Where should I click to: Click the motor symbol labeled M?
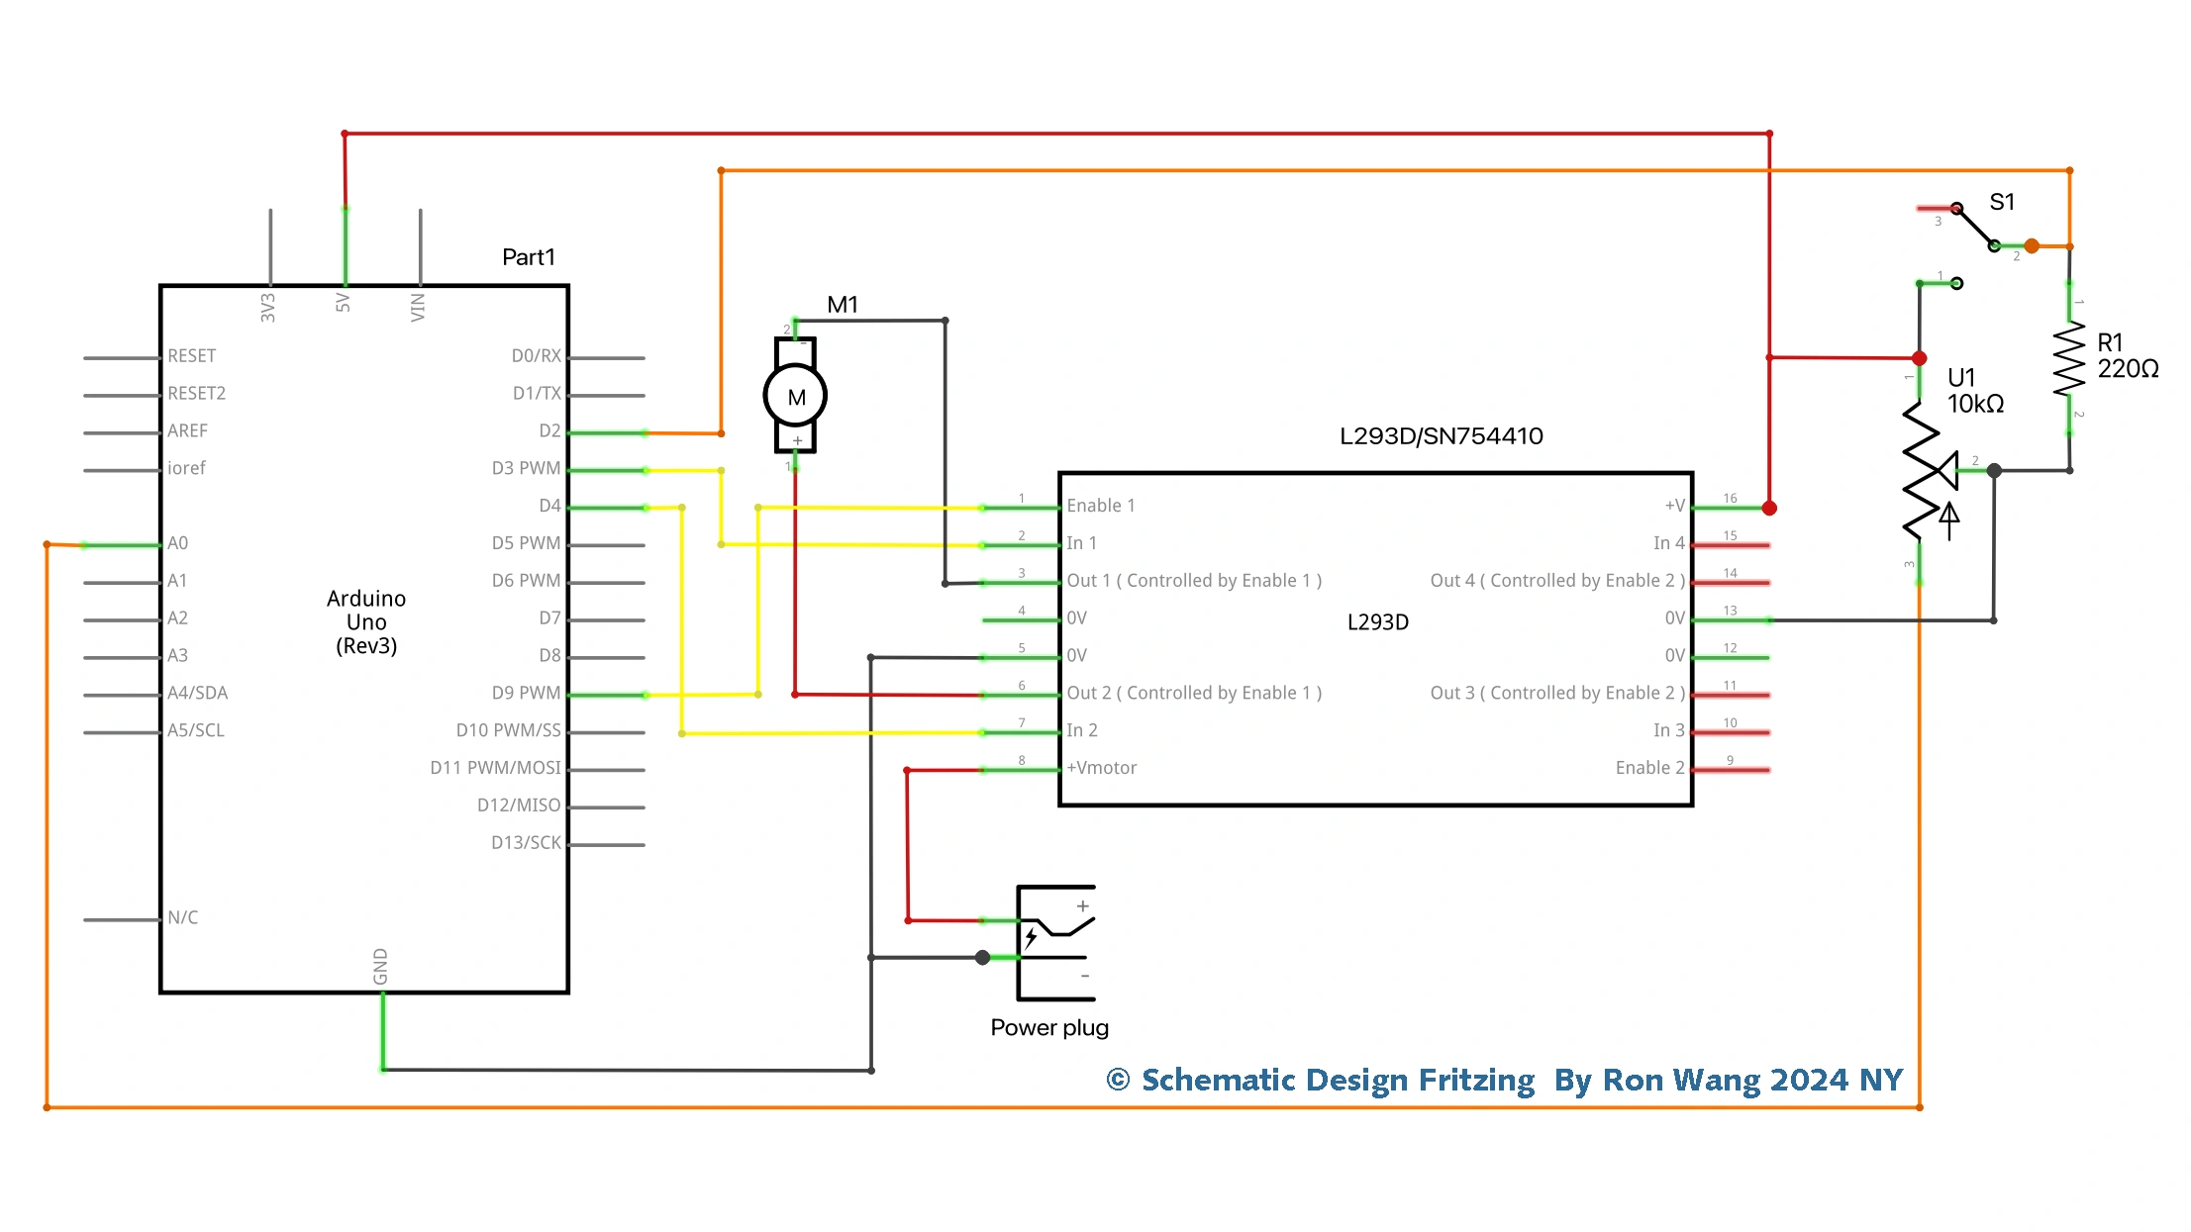point(795,396)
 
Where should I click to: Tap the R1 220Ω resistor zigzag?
point(2069,359)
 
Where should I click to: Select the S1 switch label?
point(2002,202)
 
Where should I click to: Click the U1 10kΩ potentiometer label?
point(1975,391)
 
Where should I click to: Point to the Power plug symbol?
point(1055,941)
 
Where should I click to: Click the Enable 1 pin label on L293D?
point(1100,506)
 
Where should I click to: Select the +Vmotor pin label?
point(1101,768)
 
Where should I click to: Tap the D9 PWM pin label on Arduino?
point(526,693)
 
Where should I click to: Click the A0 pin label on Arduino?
point(177,543)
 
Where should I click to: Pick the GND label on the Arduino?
point(380,967)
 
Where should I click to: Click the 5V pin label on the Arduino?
point(344,302)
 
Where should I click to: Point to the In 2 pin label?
point(1081,730)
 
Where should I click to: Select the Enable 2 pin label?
point(1648,768)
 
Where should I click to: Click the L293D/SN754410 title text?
point(1441,436)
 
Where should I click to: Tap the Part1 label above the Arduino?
point(528,257)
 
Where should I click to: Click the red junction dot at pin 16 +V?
point(1769,508)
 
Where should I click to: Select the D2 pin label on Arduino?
point(549,430)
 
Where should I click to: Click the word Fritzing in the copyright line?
point(1476,1080)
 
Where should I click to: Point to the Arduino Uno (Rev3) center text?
point(366,622)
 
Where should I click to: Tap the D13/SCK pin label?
point(526,843)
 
